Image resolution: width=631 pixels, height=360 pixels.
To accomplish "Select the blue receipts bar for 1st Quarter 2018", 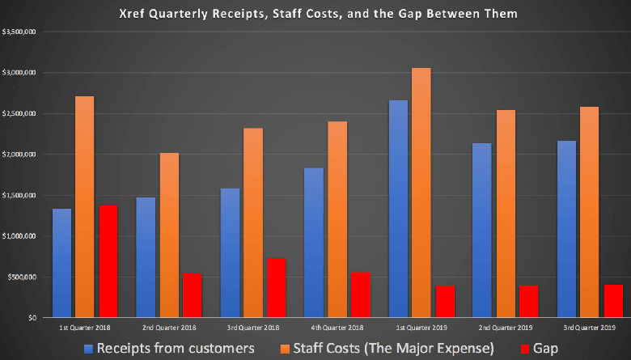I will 61,263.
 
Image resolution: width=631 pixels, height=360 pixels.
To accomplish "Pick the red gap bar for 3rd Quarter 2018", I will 277,288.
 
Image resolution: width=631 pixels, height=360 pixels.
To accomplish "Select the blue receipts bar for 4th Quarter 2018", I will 314,243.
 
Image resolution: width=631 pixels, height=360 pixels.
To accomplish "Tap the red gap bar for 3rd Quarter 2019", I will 614,301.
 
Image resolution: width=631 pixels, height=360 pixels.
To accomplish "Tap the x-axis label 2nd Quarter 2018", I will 169,327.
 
